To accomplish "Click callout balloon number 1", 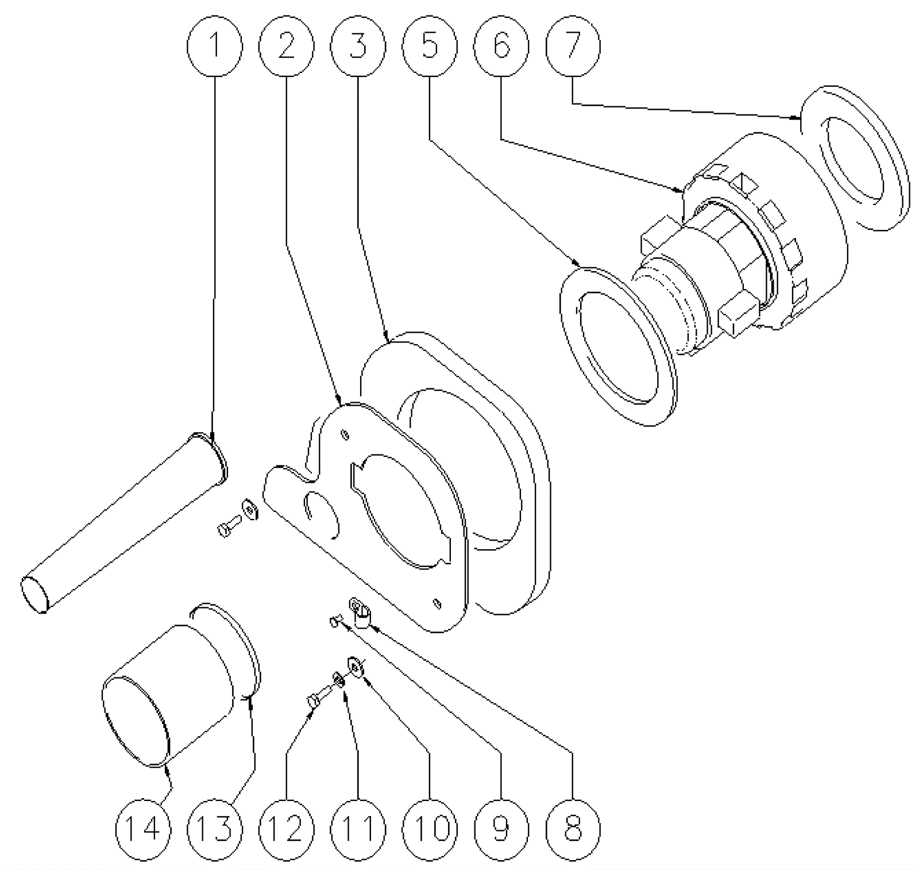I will point(215,46).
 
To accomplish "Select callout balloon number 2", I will point(287,46).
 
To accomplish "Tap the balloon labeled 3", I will point(358,46).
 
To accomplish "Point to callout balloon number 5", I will point(430,46).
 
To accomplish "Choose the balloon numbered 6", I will point(501,46).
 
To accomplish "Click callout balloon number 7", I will point(573,46).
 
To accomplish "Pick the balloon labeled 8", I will point(573,828).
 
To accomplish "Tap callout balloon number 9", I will point(501,828).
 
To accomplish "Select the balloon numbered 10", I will point(430,828).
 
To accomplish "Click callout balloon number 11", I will point(358,828).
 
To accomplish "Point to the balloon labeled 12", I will point(287,828).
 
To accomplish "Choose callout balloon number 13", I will point(215,828).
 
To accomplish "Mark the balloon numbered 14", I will point(143,828).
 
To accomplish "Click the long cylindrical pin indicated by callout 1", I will point(123,523).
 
